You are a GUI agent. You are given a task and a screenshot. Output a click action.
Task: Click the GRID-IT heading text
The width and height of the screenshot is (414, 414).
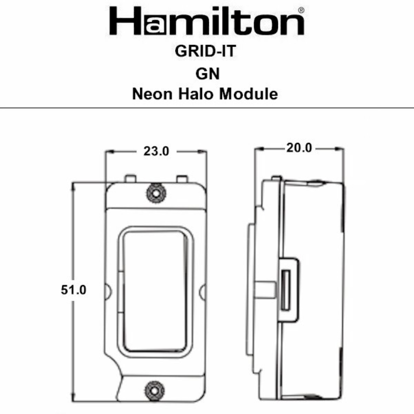[x=206, y=52]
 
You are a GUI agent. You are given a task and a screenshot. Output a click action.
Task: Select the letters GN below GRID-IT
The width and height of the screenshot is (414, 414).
[x=206, y=73]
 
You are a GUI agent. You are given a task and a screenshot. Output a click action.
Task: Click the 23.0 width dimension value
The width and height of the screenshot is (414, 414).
[x=156, y=152]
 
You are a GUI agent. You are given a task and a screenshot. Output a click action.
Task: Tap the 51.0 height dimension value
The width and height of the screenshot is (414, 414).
[x=73, y=290]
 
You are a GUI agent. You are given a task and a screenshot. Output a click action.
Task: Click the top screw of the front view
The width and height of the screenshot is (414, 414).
[x=156, y=192]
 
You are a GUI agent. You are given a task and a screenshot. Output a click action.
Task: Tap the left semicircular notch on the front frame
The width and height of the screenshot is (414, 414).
[x=108, y=291]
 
